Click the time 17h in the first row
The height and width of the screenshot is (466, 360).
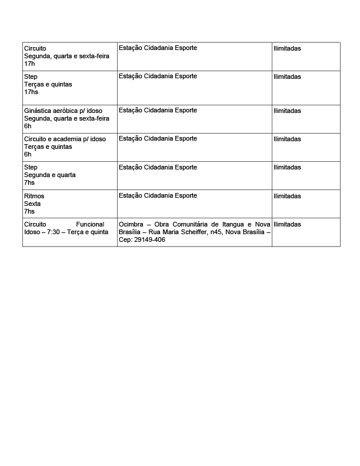coord(29,64)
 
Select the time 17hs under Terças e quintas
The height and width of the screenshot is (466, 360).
coord(31,92)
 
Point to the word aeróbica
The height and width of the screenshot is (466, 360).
coord(65,111)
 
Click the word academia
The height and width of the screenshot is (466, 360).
coord(71,139)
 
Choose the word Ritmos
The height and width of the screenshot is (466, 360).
coord(34,196)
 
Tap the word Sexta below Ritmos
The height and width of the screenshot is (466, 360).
coord(32,204)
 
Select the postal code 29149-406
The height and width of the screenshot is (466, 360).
coord(150,240)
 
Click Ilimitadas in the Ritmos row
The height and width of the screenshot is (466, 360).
coord(287,196)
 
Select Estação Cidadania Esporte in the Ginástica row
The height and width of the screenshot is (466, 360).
coord(158,111)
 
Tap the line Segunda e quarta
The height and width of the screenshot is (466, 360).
coord(50,175)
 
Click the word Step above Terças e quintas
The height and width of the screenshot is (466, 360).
coord(31,76)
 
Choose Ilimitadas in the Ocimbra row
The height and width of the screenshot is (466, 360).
coord(287,225)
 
